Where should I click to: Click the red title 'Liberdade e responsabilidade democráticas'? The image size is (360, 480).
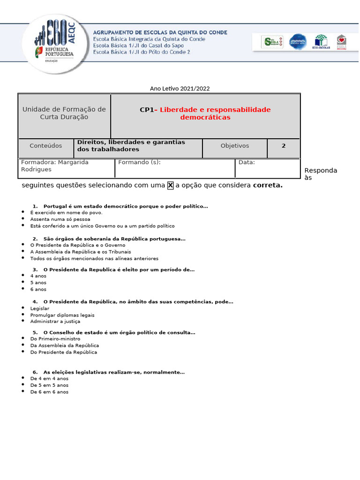pyautogui.click(x=215, y=113)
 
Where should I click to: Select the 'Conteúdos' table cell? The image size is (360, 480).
pyautogui.click(x=45, y=146)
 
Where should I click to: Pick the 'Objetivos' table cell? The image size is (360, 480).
pyautogui.click(x=235, y=146)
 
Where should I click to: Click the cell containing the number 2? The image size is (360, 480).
pyautogui.click(x=284, y=146)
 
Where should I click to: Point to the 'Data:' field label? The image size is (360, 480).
pyautogui.click(x=247, y=162)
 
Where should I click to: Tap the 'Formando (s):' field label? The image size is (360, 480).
pyautogui.click(x=139, y=162)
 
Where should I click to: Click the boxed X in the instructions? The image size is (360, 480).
pyautogui.click(x=171, y=185)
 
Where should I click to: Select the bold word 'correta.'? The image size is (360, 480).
pyautogui.click(x=268, y=185)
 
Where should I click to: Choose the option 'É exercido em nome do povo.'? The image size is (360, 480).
pyautogui.click(x=66, y=212)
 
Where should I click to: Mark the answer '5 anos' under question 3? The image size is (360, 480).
pyautogui.click(x=38, y=283)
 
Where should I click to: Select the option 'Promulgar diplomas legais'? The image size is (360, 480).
pyautogui.click(x=62, y=315)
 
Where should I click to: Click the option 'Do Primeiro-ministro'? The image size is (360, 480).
pyautogui.click(x=55, y=338)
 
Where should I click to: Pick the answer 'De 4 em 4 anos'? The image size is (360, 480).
pyautogui.click(x=49, y=378)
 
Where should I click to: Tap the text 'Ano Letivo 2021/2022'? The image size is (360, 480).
pyautogui.click(x=180, y=88)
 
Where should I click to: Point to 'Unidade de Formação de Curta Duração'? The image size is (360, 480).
pyautogui.click(x=64, y=113)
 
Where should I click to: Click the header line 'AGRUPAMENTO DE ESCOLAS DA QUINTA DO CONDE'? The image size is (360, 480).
pyautogui.click(x=160, y=32)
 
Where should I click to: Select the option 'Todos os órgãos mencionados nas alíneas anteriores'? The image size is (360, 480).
pyautogui.click(x=94, y=258)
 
